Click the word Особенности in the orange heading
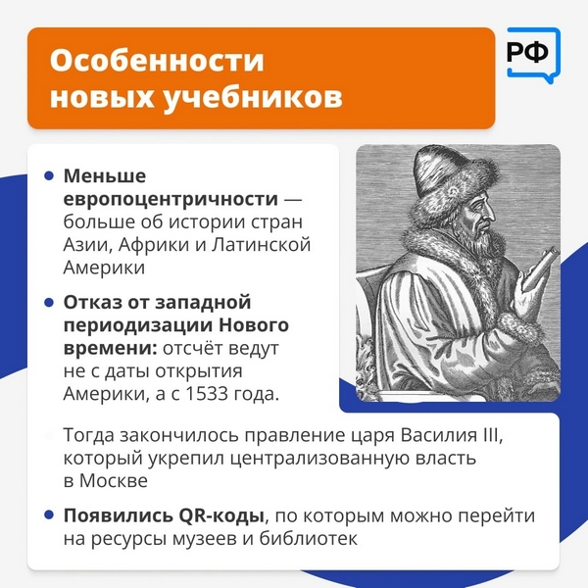coord(157,61)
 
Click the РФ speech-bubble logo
coord(533,55)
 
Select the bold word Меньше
coord(105,175)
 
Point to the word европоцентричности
coord(171,199)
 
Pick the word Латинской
coord(261,244)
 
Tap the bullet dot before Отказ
coord(49,302)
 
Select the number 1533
coord(207,394)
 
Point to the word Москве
coord(114,481)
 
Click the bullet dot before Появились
coord(49,514)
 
